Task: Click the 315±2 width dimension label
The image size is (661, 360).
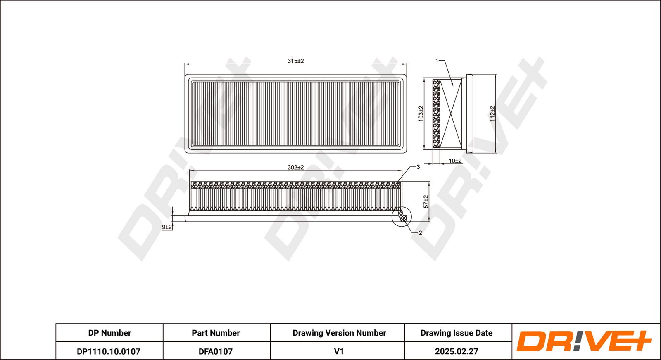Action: point(295,61)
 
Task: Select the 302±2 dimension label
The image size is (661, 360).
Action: point(295,167)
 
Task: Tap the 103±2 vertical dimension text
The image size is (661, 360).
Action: point(421,113)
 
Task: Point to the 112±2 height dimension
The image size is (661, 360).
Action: point(492,113)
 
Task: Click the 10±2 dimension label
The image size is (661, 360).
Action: point(455,161)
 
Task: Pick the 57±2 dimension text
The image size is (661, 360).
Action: point(426,201)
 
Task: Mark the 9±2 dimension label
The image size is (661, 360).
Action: point(166,227)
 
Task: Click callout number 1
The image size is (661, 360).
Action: point(437,61)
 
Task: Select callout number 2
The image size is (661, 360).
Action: point(420,233)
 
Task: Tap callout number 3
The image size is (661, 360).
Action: point(418,167)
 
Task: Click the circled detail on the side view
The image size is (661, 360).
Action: point(402,217)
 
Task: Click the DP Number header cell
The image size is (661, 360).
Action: point(109,333)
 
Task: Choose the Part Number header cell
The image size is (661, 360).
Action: point(216,333)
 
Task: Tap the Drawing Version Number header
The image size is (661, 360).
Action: point(339,333)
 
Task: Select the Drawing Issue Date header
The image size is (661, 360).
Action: point(457,333)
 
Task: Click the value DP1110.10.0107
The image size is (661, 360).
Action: point(109,351)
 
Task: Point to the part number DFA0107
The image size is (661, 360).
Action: point(216,351)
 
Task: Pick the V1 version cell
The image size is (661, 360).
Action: point(339,351)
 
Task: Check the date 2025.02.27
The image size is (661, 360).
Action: point(457,351)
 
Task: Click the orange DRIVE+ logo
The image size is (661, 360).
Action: point(584,341)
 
